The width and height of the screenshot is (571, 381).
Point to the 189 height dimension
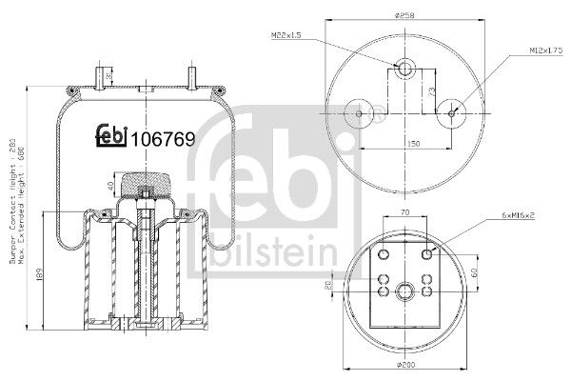click(35, 276)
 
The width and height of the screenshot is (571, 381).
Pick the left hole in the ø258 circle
click(360, 113)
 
